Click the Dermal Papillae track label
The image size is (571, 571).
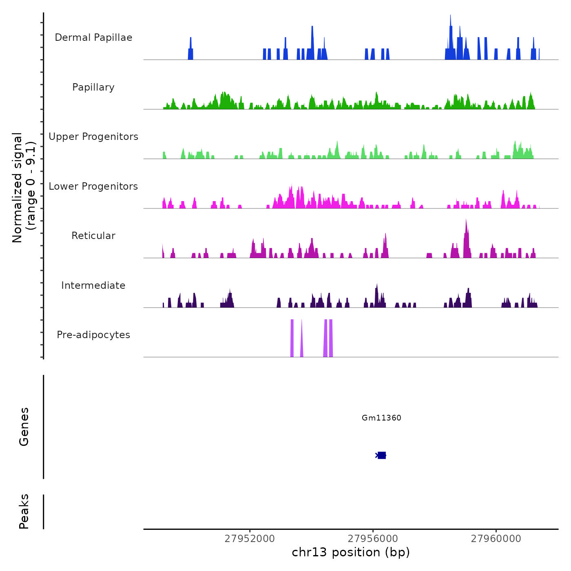(x=93, y=38)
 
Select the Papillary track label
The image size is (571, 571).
(x=93, y=87)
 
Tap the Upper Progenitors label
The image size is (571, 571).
(x=93, y=137)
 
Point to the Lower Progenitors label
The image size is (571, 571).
(x=93, y=186)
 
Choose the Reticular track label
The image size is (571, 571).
(x=93, y=236)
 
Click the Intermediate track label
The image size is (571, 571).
(x=93, y=285)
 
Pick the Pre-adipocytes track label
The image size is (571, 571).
(x=93, y=335)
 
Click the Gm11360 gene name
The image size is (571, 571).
(x=381, y=418)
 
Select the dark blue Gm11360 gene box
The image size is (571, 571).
(x=382, y=455)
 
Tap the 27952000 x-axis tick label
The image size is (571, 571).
(x=250, y=539)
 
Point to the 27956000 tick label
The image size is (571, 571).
(x=373, y=539)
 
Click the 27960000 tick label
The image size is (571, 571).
(x=496, y=539)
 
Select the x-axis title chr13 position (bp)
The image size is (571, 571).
(x=351, y=552)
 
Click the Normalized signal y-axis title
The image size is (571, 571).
(x=24, y=187)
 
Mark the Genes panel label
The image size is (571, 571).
(x=24, y=427)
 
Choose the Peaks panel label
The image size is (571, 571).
(x=24, y=511)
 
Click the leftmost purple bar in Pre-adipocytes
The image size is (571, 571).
(x=292, y=339)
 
